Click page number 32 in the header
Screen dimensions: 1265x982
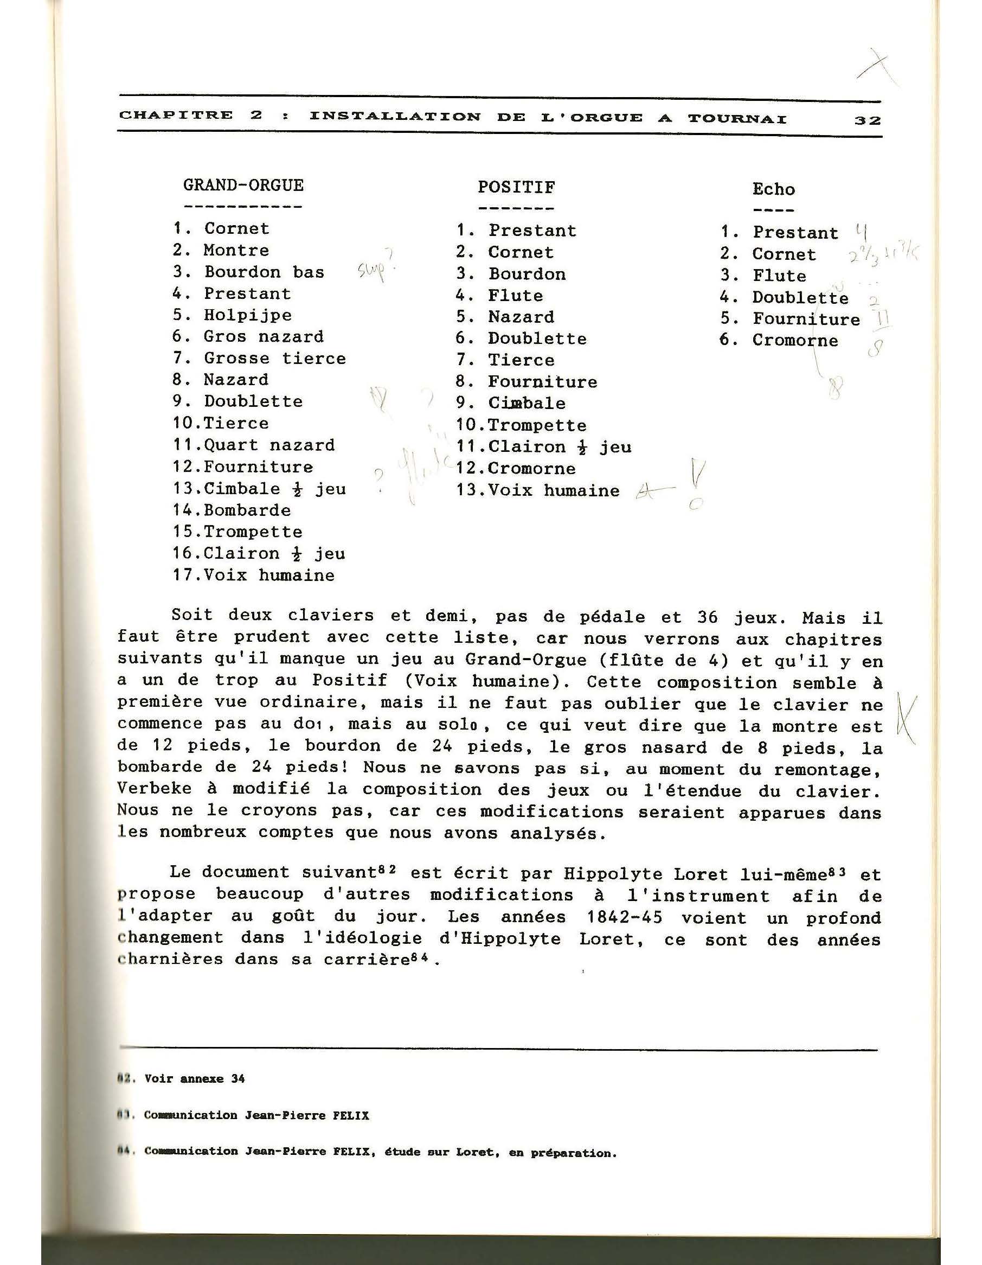tap(867, 120)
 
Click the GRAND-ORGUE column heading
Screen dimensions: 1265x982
tap(243, 186)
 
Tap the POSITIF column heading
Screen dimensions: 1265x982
tap(516, 188)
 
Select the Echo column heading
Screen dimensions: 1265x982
tap(773, 189)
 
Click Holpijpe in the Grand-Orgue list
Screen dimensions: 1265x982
tap(248, 315)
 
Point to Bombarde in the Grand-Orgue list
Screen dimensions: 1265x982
tap(247, 510)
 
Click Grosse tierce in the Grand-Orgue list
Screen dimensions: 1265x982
tap(274, 359)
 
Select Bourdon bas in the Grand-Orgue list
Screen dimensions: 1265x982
tap(264, 272)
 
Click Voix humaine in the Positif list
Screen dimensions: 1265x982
tap(554, 490)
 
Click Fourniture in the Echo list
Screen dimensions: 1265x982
tap(806, 319)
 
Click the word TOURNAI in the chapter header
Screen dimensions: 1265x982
tap(737, 118)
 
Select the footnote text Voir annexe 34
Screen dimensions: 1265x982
tap(194, 1078)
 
